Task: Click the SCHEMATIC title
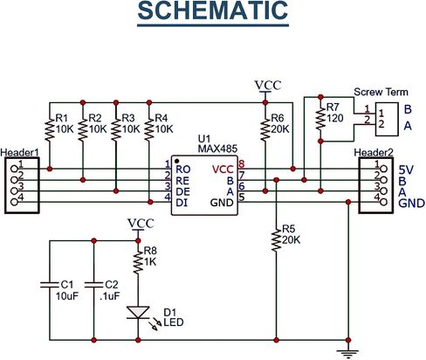[213, 10]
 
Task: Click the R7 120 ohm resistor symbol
[320, 119]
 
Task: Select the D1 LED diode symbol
[138, 312]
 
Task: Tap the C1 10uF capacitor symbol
[50, 285]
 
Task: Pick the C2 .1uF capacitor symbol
[93, 285]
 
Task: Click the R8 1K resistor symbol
[138, 263]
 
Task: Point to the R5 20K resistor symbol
[276, 240]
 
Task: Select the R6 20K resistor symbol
[265, 129]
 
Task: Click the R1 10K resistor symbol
[50, 129]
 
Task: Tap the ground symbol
[347, 353]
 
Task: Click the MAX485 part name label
[217, 149]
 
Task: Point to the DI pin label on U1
[182, 203]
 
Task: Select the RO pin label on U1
[183, 170]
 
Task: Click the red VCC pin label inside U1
[223, 170]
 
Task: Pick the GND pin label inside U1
[222, 203]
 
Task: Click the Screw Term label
[381, 92]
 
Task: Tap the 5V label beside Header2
[406, 170]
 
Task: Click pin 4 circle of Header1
[14, 202]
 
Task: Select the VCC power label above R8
[141, 224]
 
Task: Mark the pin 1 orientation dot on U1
[176, 161]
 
